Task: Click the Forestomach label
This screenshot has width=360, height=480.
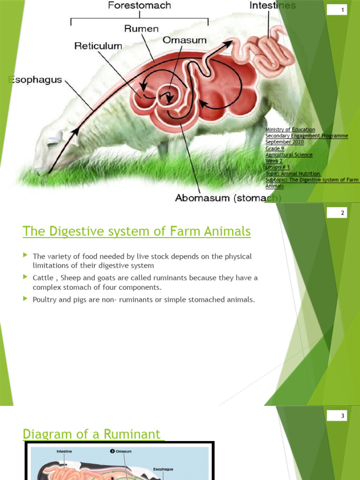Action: pyautogui.click(x=140, y=6)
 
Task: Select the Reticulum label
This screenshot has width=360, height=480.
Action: pyautogui.click(x=98, y=46)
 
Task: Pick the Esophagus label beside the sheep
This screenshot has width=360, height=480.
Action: pyautogui.click(x=36, y=80)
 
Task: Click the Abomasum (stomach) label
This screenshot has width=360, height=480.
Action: pyautogui.click(x=228, y=198)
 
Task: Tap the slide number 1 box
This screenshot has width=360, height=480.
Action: pyautogui.click(x=342, y=10)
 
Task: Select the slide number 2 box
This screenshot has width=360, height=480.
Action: pyautogui.click(x=342, y=213)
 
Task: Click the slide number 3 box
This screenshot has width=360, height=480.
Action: pyautogui.click(x=342, y=416)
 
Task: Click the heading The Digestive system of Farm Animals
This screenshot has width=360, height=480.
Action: pyautogui.click(x=137, y=231)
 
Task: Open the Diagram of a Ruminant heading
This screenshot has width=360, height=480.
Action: pyautogui.click(x=93, y=434)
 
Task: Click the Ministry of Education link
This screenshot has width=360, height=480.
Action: pyautogui.click(x=290, y=129)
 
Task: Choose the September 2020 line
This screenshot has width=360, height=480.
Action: pyautogui.click(x=285, y=142)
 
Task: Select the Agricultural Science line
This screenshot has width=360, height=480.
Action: pyautogui.click(x=289, y=155)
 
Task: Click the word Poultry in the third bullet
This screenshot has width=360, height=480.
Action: pyautogui.click(x=44, y=300)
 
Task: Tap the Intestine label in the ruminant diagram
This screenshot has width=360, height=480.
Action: pyautogui.click(x=64, y=451)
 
